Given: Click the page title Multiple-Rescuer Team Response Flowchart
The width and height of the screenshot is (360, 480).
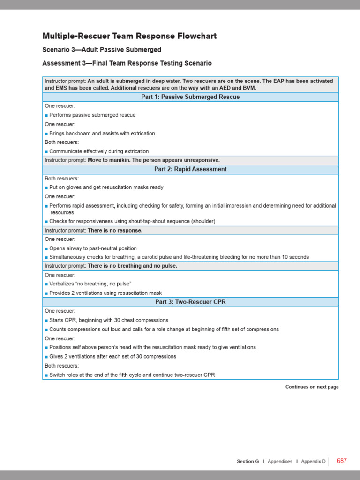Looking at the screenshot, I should pos(129,36).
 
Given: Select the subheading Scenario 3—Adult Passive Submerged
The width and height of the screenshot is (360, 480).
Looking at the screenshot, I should pos(102,50).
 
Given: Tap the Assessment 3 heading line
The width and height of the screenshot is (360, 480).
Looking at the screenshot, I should pos(127,63).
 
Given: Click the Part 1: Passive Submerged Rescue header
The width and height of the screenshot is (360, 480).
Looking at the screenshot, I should pos(190,97).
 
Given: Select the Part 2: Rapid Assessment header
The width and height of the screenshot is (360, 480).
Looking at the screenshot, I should pos(190,169).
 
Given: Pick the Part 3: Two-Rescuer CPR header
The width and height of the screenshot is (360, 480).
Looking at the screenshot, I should pos(190,302).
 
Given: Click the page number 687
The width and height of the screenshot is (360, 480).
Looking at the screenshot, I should pos(342,461).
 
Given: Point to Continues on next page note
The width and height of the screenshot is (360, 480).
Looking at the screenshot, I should pos(312,387).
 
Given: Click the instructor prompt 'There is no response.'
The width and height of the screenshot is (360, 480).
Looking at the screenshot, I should pos(115,231).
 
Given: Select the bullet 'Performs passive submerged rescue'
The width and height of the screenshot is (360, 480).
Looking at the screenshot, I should pos(92,115).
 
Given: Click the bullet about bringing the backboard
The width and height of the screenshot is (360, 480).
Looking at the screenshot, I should pos(102,133).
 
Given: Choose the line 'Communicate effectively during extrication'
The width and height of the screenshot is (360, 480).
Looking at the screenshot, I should pos(99,151).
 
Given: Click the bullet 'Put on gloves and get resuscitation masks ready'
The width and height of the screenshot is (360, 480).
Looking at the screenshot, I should pos(106,187).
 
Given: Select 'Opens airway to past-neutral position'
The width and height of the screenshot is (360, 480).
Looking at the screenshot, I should pos(93,248).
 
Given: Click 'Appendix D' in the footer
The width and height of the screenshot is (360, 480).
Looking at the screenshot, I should pos(313,461).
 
